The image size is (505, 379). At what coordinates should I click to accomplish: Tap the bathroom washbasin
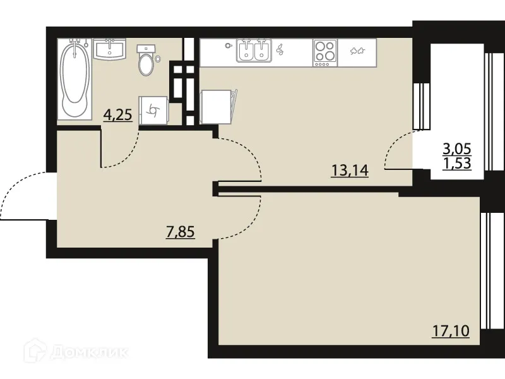(110, 49)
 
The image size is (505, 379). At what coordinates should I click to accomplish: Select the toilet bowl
(146, 61)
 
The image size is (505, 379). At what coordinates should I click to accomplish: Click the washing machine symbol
(153, 111)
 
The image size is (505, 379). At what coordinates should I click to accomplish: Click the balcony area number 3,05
(458, 149)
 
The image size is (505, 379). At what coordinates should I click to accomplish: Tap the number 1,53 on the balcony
(458, 164)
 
